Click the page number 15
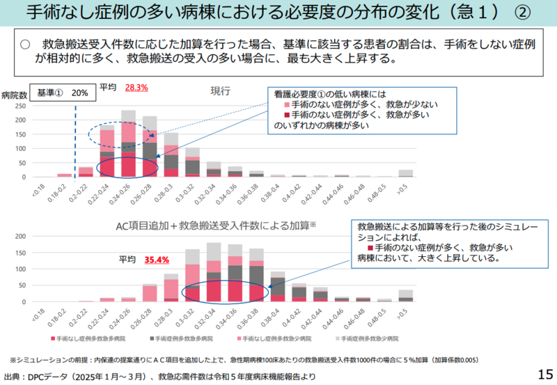point(544,374)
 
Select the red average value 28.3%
point(136,88)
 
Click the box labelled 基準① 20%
point(63,93)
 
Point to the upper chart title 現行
point(221,91)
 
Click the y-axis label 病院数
point(14,95)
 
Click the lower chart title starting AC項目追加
point(217,225)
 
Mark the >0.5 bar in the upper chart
point(406,173)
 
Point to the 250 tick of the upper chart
point(20,107)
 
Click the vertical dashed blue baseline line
point(74,139)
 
